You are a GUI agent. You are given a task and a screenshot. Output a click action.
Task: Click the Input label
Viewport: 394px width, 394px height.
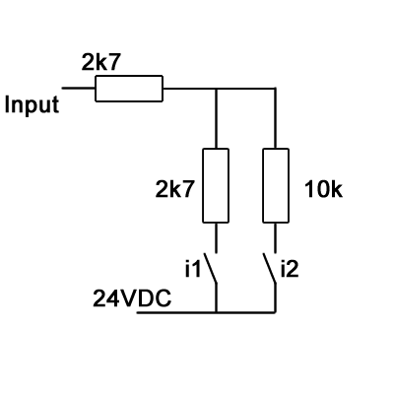(x=32, y=105)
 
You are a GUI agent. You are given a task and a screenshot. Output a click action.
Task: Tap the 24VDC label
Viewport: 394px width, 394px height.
(x=132, y=298)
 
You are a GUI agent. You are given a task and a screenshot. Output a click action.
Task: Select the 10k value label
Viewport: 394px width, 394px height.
(x=323, y=190)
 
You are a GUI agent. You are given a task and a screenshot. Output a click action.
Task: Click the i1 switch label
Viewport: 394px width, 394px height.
(x=192, y=268)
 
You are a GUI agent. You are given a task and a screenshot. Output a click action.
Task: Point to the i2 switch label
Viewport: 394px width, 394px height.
(x=290, y=268)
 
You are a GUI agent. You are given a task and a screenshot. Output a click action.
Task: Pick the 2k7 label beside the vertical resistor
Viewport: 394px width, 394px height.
(x=174, y=189)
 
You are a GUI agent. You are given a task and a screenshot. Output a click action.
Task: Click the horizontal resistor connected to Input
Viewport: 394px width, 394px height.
(x=129, y=89)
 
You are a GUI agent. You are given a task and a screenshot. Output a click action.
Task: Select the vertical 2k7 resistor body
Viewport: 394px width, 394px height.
(x=216, y=185)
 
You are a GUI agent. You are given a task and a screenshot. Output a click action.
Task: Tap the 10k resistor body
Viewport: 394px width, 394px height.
(x=276, y=185)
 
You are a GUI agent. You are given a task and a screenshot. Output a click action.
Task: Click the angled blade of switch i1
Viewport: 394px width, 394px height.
(x=210, y=268)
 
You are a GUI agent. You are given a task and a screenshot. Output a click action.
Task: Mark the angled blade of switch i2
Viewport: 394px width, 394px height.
(x=269, y=268)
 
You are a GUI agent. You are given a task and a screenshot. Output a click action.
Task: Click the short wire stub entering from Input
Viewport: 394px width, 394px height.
(x=79, y=88)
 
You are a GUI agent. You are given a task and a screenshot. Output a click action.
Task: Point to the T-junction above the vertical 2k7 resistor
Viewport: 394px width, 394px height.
(x=216, y=89)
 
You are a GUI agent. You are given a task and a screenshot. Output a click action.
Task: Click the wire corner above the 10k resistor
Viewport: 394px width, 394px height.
(x=275, y=89)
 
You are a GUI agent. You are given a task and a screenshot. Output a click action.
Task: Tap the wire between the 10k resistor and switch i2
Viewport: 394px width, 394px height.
(x=275, y=237)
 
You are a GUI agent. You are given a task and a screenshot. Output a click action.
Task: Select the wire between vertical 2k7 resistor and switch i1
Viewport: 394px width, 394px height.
(x=216, y=237)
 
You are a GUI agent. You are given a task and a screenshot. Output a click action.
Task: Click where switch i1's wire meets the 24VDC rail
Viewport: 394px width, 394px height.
(x=216, y=312)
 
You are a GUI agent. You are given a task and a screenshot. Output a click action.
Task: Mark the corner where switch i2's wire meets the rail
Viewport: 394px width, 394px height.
(x=275, y=312)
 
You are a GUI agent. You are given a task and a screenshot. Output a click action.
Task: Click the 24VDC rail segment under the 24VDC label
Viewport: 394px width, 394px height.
(x=176, y=312)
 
